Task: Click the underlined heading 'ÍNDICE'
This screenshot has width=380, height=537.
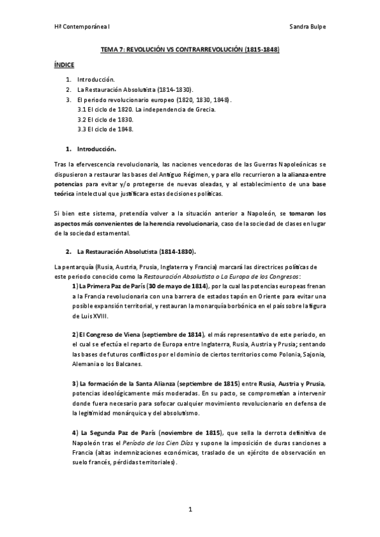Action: click(64, 65)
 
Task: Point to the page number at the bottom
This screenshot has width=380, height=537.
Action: click(190, 509)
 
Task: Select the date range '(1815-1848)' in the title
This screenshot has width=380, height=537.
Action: click(258, 49)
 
